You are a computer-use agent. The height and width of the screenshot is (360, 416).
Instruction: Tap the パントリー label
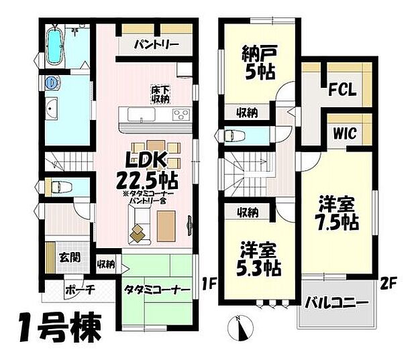[155, 46]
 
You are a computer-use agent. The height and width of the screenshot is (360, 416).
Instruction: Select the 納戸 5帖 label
[259, 62]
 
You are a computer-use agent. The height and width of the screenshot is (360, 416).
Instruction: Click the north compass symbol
[242, 329]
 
